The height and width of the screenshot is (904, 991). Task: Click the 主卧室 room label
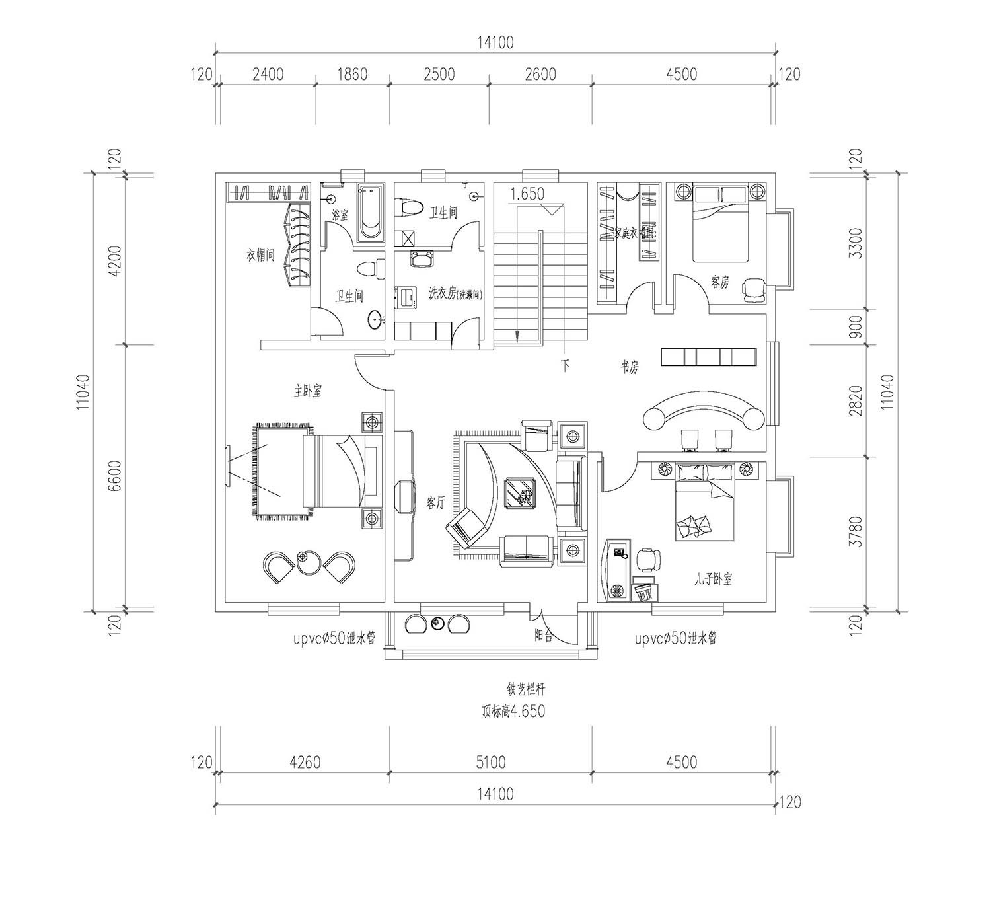point(307,391)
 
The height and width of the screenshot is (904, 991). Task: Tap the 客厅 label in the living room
point(435,504)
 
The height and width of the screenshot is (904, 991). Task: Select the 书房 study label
point(629,368)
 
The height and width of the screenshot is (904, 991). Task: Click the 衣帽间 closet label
point(260,255)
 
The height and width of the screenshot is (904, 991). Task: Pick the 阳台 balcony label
point(543,636)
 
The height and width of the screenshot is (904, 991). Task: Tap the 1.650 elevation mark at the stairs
point(527,194)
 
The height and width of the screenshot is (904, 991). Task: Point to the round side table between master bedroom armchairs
point(307,561)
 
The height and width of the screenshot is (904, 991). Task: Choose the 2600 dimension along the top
point(540,74)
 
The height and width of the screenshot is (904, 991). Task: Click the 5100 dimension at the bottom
point(490,762)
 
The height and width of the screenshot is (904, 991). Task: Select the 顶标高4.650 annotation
point(513,712)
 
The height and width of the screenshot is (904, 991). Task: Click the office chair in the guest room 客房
point(752,288)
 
